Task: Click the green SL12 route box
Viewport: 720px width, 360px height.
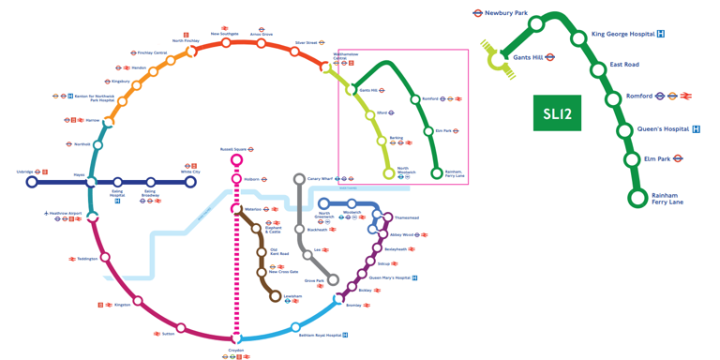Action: (x=557, y=113)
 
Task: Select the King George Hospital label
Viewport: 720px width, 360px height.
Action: (x=623, y=35)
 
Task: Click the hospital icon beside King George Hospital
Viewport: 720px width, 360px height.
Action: (x=661, y=35)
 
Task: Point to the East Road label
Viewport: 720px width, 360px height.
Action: (x=624, y=65)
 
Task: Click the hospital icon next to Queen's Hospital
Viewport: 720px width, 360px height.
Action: (x=696, y=128)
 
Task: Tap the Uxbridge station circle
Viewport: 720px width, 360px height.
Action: (x=31, y=182)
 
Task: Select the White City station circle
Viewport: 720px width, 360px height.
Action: (x=190, y=182)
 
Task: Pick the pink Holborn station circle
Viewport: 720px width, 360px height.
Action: (x=237, y=178)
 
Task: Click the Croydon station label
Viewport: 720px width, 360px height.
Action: (x=236, y=350)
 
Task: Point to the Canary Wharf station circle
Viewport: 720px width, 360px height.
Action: (x=299, y=178)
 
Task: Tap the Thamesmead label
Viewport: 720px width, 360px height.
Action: (x=407, y=217)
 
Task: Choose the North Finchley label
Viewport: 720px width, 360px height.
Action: (x=186, y=40)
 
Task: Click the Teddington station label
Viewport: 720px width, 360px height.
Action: (x=87, y=259)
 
